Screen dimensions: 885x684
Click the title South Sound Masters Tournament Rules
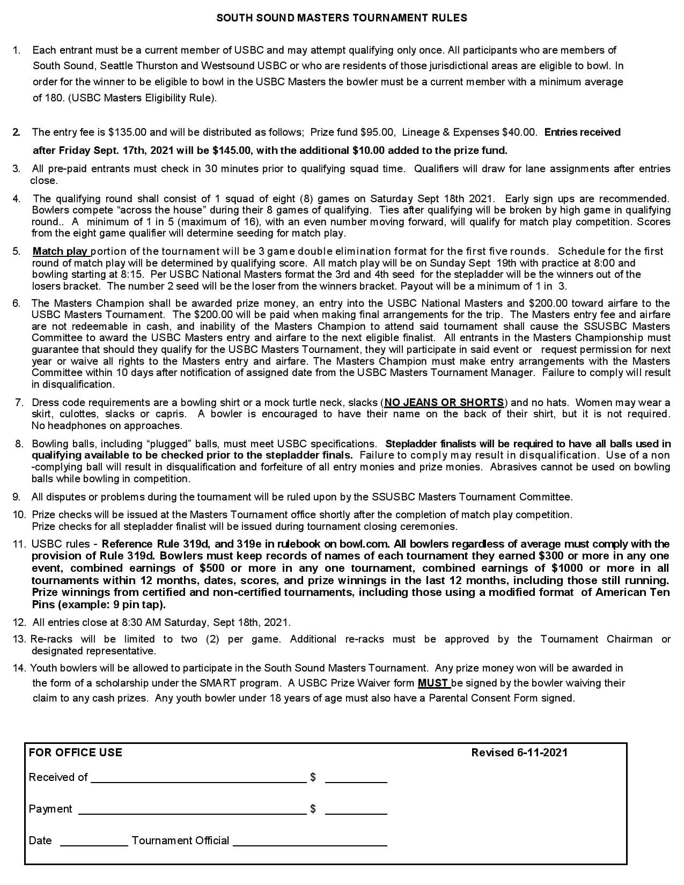341,18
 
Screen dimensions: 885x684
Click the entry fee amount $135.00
126,132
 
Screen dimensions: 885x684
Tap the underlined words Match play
60,252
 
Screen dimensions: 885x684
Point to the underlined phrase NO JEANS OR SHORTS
444,403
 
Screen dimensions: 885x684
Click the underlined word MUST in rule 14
433,683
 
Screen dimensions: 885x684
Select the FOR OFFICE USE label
75,753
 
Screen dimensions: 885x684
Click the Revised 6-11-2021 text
519,753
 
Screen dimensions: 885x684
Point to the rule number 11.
19,544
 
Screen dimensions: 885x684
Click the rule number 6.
17,304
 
